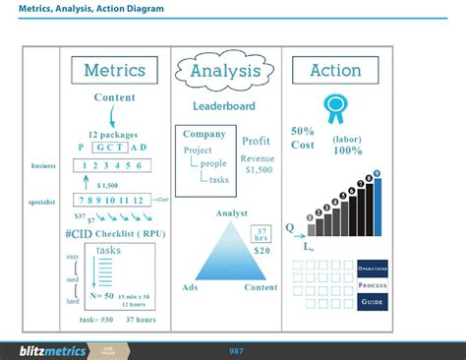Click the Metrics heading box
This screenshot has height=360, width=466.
point(114,71)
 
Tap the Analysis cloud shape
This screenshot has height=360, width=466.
point(225,71)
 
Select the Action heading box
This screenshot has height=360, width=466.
point(335,71)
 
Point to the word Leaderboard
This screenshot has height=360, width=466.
point(225,105)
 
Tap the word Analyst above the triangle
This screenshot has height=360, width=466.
point(231,213)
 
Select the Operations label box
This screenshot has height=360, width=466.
point(373,269)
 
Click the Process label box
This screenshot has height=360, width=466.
point(373,284)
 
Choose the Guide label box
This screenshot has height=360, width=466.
point(373,301)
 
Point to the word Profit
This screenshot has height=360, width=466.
point(256,141)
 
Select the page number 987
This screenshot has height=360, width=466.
point(236,351)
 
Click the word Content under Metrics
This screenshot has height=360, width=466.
point(114,97)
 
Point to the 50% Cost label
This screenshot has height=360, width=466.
point(303,138)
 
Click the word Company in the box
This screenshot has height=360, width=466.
point(204,134)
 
